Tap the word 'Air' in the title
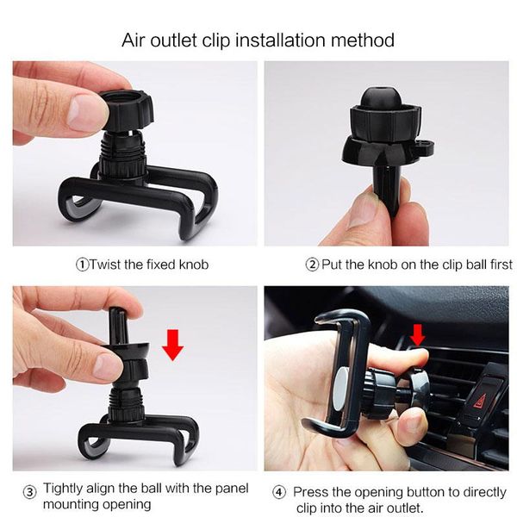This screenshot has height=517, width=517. tap(134, 40)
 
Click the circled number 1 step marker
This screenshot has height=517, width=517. tap(83, 265)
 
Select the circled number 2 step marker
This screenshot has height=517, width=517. tap(312, 265)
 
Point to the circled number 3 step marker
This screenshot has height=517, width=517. tap(29, 493)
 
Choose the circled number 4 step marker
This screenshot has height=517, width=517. tap(278, 493)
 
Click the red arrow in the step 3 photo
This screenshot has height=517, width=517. tap(173, 345)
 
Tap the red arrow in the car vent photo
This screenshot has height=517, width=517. tap(417, 334)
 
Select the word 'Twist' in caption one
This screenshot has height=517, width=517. tap(105, 265)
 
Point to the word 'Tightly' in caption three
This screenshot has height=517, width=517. tap(63, 489)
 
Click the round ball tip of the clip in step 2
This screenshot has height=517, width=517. tap(379, 98)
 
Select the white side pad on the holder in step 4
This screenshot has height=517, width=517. tap(341, 389)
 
